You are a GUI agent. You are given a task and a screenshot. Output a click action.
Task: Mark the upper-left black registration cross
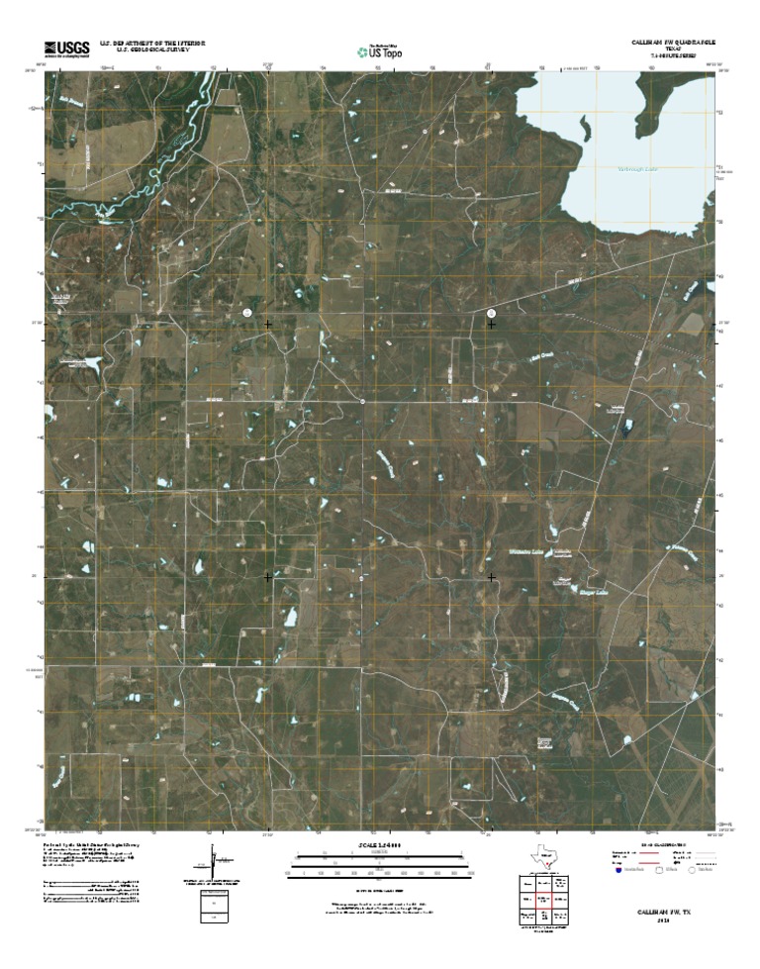[268, 324]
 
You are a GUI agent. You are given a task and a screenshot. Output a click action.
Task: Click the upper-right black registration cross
[492, 324]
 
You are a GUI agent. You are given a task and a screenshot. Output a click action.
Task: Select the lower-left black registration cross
[268, 576]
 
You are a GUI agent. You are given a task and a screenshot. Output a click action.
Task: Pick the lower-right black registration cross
[492, 576]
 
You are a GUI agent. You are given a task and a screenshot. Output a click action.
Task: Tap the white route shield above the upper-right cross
[492, 312]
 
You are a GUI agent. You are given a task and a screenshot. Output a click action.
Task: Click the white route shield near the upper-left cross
[247, 312]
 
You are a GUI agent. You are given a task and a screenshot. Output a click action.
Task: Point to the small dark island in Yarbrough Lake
[586, 128]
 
